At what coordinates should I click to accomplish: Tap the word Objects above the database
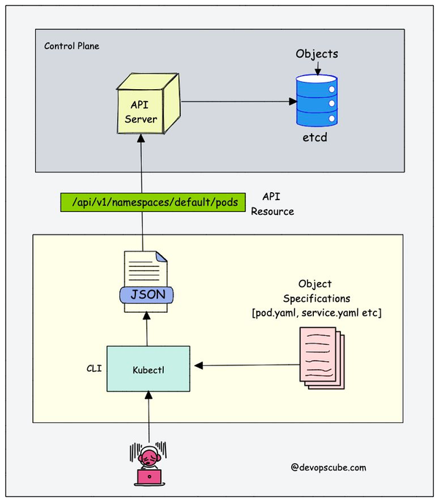pos(317,54)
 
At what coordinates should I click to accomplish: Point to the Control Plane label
pos(72,46)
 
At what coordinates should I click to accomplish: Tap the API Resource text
pos(272,204)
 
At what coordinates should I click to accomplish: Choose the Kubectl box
pos(148,369)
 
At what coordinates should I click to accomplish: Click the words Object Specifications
pos(315,291)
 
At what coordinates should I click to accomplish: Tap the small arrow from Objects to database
pos(317,67)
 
